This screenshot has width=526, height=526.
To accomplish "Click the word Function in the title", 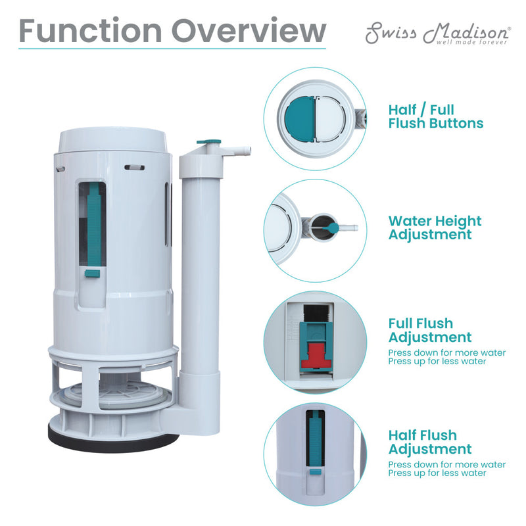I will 90,31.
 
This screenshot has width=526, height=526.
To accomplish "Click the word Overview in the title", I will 246,31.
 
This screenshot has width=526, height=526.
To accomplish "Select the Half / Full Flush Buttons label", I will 435,116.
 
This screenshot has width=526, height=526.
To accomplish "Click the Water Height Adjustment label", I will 435,227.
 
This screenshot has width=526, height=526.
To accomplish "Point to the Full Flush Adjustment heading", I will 429,330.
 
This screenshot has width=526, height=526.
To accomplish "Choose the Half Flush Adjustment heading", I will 429,442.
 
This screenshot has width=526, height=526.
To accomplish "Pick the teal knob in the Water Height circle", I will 333,227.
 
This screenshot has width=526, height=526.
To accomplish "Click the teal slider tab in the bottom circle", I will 314,471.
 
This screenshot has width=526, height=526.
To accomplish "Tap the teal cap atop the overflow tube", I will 208,141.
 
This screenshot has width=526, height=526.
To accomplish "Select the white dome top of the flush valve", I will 115,139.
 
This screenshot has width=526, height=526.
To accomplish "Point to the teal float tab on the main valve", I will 93,272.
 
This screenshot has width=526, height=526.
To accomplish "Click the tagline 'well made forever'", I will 471,42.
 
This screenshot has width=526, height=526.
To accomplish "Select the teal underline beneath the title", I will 172,49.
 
